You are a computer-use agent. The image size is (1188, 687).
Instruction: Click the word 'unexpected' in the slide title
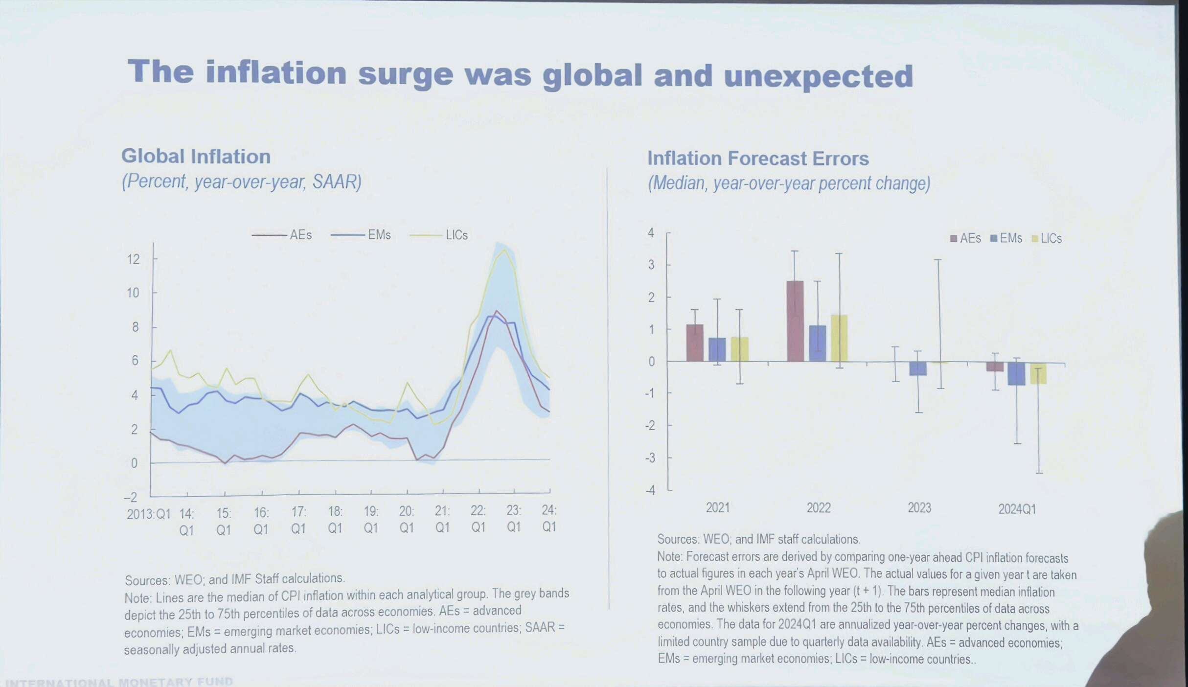tap(818, 77)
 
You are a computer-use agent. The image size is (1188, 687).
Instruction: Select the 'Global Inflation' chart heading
tap(196, 157)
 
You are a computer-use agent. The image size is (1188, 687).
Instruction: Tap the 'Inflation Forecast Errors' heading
tap(758, 159)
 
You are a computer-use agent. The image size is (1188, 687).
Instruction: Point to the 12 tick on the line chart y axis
tap(133, 259)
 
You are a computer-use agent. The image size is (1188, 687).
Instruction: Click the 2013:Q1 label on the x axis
tap(148, 514)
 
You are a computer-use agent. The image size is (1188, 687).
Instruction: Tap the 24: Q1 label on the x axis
tap(549, 518)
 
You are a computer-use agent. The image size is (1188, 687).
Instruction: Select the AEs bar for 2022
tap(795, 321)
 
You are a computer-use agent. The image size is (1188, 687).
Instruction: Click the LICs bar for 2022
tap(839, 338)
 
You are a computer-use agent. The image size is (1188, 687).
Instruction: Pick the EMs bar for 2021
tap(717, 349)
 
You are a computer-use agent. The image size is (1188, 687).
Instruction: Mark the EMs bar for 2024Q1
tap(1016, 374)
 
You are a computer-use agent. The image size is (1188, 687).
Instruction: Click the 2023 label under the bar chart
tap(919, 508)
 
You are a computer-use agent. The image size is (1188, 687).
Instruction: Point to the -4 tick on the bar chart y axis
tap(650, 490)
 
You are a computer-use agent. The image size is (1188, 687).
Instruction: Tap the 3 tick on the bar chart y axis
tap(651, 265)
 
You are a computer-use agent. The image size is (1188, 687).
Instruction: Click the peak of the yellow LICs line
tap(504, 250)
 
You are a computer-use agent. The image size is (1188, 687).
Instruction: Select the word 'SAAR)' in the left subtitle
tap(337, 182)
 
